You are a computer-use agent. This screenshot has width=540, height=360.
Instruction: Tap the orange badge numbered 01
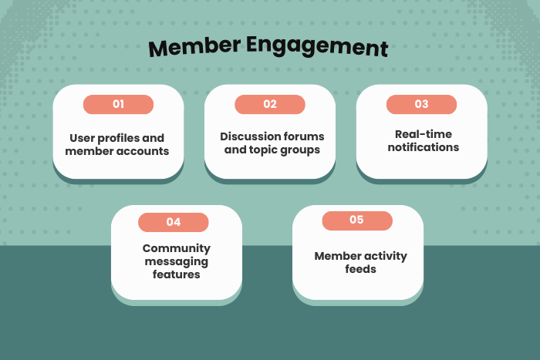[118, 104]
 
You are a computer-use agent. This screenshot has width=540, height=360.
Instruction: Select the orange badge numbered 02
[270, 104]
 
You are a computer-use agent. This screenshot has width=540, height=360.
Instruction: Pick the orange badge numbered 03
[421, 104]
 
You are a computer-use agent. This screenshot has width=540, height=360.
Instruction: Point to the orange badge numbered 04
[174, 222]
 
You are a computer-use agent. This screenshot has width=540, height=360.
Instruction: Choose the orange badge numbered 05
[356, 220]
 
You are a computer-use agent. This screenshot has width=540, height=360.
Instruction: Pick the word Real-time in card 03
[422, 134]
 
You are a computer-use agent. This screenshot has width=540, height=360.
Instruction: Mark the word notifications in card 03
[422, 147]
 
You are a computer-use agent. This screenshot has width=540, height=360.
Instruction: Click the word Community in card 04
[177, 248]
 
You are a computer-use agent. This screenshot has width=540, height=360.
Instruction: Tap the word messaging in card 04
[177, 261]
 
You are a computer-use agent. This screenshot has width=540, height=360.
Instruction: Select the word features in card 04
[177, 274]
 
